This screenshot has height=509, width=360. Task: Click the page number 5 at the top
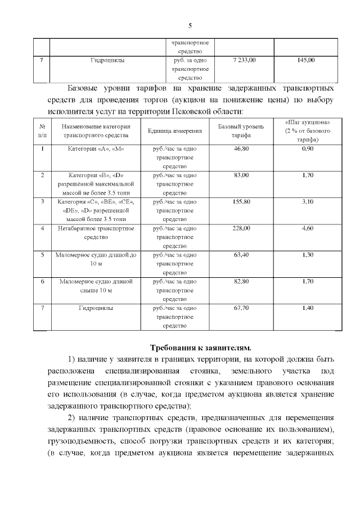pyautogui.click(x=190, y=25)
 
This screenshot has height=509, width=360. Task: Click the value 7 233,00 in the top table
pyautogui.click(x=244, y=59)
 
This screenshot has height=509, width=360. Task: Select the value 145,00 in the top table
pyautogui.click(x=305, y=59)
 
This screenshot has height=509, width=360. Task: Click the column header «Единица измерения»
pyautogui.click(x=174, y=130)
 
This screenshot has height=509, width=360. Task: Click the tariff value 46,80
pyautogui.click(x=241, y=148)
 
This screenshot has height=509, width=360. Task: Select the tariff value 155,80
pyautogui.click(x=241, y=201)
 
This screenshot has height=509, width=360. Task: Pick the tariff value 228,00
pyautogui.click(x=241, y=228)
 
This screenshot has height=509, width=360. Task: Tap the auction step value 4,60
pyautogui.click(x=308, y=228)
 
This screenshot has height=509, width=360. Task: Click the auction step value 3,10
pyautogui.click(x=308, y=201)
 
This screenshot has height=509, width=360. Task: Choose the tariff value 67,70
pyautogui.click(x=241, y=308)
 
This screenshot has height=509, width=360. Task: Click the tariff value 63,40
pyautogui.click(x=241, y=255)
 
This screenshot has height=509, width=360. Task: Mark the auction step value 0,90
pyautogui.click(x=308, y=148)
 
